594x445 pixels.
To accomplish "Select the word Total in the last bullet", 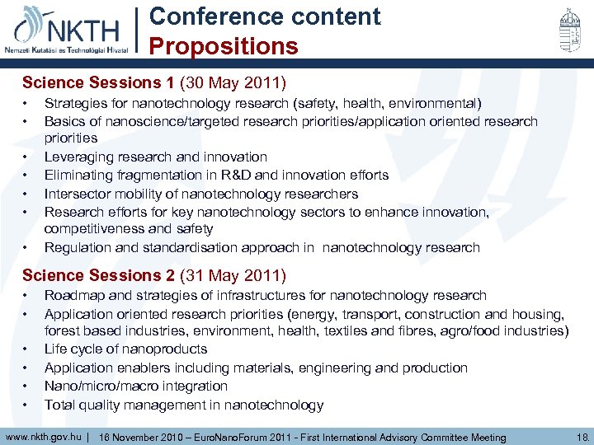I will point(60,405).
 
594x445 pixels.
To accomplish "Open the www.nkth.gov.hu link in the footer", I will point(43,437).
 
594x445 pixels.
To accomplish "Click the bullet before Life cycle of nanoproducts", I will point(26,349).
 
